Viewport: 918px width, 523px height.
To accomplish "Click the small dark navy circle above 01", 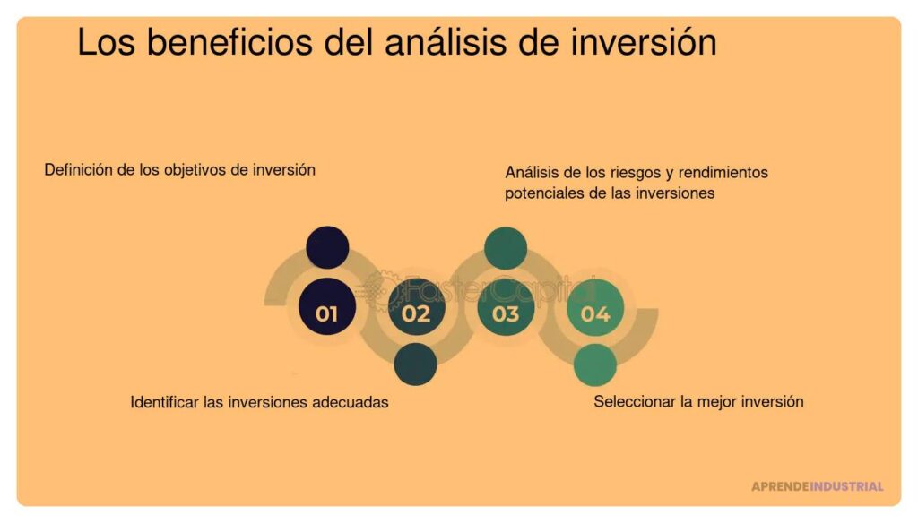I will [326, 247].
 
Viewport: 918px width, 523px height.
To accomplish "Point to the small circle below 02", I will [416, 364].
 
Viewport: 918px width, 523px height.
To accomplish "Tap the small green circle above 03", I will [506, 248].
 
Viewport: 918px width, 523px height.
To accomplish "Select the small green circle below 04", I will [595, 364].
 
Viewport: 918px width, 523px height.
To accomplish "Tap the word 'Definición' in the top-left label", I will [79, 169].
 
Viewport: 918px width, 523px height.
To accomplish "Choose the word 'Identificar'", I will [165, 402].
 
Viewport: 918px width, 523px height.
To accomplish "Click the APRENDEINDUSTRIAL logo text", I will [817, 486].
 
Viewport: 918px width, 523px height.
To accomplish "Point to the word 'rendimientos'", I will [721, 172].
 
